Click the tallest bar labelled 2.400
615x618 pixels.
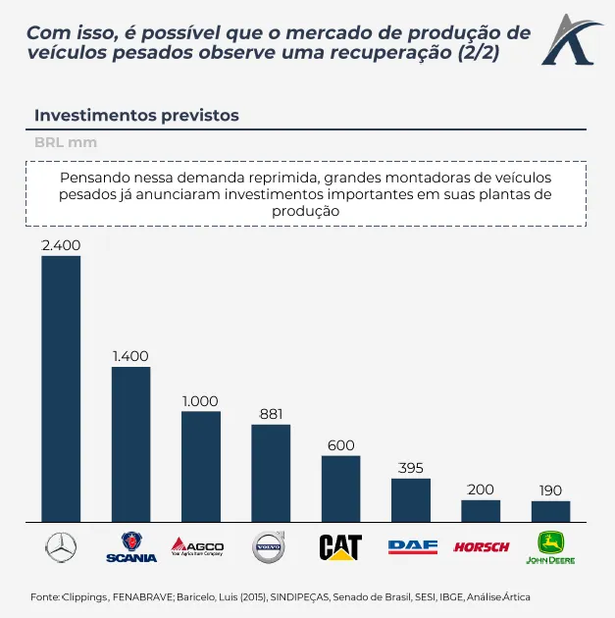tap(61, 388)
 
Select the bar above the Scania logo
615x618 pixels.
tap(130, 443)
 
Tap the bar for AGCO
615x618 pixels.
tap(201, 466)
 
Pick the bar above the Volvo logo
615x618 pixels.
tap(271, 473)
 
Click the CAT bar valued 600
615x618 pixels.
tap(340, 489)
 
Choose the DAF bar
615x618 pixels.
tap(411, 500)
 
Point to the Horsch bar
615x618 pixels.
tap(481, 511)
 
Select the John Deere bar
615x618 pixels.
tap(551, 511)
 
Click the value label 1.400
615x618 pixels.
tap(130, 356)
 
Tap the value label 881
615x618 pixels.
tap(271, 414)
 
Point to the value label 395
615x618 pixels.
tap(411, 468)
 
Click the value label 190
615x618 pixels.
tap(551, 489)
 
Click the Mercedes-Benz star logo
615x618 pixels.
tap(61, 547)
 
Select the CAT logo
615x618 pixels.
tap(340, 547)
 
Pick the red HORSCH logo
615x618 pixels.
tap(481, 547)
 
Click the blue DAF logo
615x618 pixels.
tap(412, 547)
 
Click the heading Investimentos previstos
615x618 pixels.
tap(136, 115)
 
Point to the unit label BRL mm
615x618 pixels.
tap(66, 142)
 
